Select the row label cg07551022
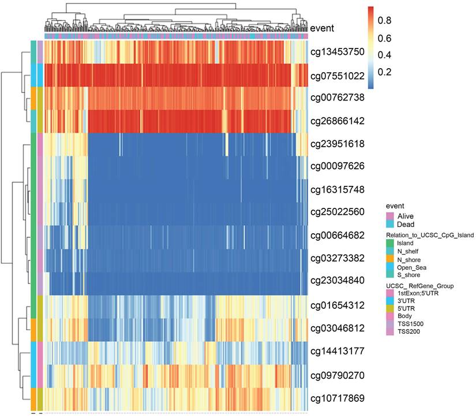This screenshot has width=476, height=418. click(x=338, y=75)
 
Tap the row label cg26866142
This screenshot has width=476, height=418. click(x=338, y=121)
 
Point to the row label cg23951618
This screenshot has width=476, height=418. click(x=338, y=144)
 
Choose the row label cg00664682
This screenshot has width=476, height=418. click(x=338, y=236)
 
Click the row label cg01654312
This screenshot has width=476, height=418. click(x=338, y=305)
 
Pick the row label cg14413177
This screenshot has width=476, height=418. click(x=338, y=350)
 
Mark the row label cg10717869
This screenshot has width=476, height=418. click(x=338, y=398)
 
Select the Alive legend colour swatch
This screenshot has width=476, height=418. click(x=390, y=216)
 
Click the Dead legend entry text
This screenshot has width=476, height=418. click(x=406, y=224)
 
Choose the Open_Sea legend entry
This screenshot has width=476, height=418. click(x=413, y=267)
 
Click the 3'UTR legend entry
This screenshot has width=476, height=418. click(x=407, y=300)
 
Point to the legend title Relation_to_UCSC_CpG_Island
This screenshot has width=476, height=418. click(x=430, y=235)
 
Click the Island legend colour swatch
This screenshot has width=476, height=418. click(x=390, y=243)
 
